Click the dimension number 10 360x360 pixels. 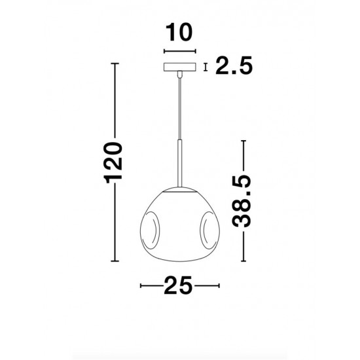click(x=179, y=32)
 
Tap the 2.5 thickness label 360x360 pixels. click(x=234, y=67)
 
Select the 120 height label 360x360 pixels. click(x=115, y=163)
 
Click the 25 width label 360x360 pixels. click(x=180, y=285)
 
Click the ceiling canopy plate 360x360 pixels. click(x=179, y=67)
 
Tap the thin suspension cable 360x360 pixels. click(x=179, y=105)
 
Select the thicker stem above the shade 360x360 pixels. click(x=179, y=164)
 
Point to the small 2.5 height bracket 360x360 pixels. click(x=206, y=67)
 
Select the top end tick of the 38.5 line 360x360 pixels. click(x=243, y=141)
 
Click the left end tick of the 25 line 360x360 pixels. click(x=141, y=285)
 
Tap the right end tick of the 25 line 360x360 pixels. click(x=219, y=285)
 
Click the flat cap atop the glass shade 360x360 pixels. click(x=179, y=191)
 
